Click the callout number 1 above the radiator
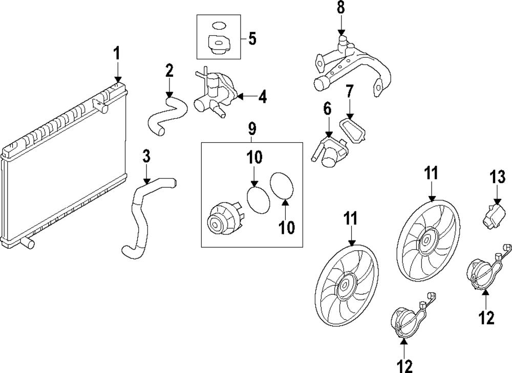(117, 53)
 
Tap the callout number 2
(169, 71)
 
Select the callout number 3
(146, 157)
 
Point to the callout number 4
(262, 96)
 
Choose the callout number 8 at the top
(340, 8)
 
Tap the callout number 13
(498, 178)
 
